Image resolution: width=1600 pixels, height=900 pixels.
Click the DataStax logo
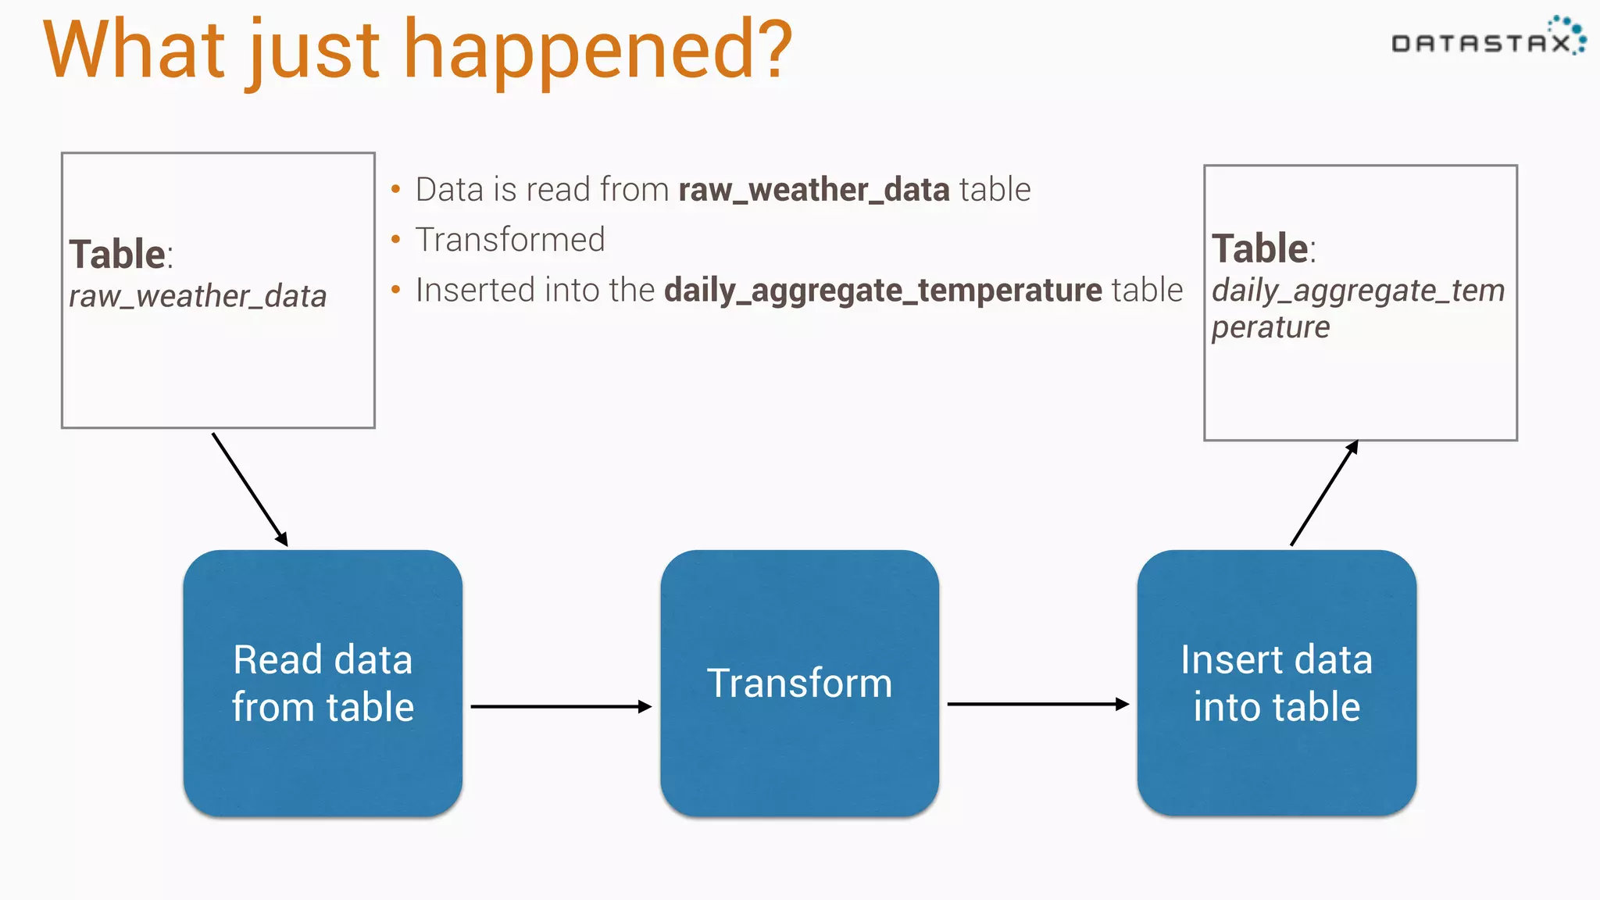tap(1487, 39)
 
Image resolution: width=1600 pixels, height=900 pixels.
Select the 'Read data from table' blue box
tap(323, 683)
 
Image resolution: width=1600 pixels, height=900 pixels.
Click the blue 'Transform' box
tap(799, 683)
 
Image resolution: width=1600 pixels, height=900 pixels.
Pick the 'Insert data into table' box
tap(1277, 683)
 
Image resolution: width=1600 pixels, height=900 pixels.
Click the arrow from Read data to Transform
tap(560, 706)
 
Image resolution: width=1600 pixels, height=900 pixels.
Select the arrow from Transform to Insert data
tap(1037, 704)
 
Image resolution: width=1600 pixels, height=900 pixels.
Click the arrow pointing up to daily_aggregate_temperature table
tap(1324, 493)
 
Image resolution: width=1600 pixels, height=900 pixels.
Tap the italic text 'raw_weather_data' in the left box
tap(198, 297)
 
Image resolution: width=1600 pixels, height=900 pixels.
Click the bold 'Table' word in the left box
tap(117, 255)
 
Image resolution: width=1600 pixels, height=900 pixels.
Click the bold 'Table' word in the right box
tap(1259, 249)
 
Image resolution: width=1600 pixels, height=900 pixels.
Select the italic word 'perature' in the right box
tap(1270, 327)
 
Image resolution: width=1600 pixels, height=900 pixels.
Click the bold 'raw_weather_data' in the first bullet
tap(813, 190)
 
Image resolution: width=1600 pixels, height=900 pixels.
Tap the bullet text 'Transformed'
tap(510, 240)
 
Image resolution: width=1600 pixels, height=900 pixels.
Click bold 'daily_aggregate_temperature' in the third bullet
tap(883, 291)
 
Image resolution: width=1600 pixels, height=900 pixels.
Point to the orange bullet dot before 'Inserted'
tap(396, 290)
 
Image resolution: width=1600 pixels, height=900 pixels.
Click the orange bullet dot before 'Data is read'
tap(396, 189)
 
